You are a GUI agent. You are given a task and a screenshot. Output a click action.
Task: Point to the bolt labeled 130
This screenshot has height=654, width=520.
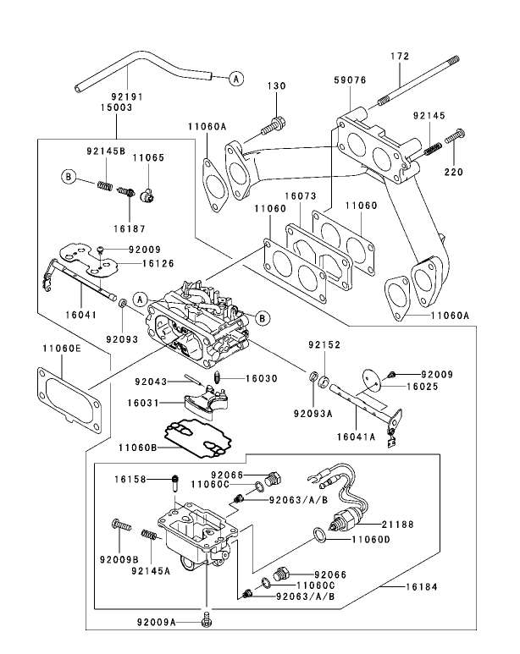pos(274,126)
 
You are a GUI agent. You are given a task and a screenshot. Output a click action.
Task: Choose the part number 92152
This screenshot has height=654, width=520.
pos(324,344)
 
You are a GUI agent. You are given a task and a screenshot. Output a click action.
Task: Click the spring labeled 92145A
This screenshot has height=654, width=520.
pos(150,536)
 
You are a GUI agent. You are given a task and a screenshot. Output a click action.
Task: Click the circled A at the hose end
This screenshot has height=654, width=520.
pos(235,78)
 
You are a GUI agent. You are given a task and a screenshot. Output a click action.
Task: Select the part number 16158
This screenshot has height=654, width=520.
pos(132,479)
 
